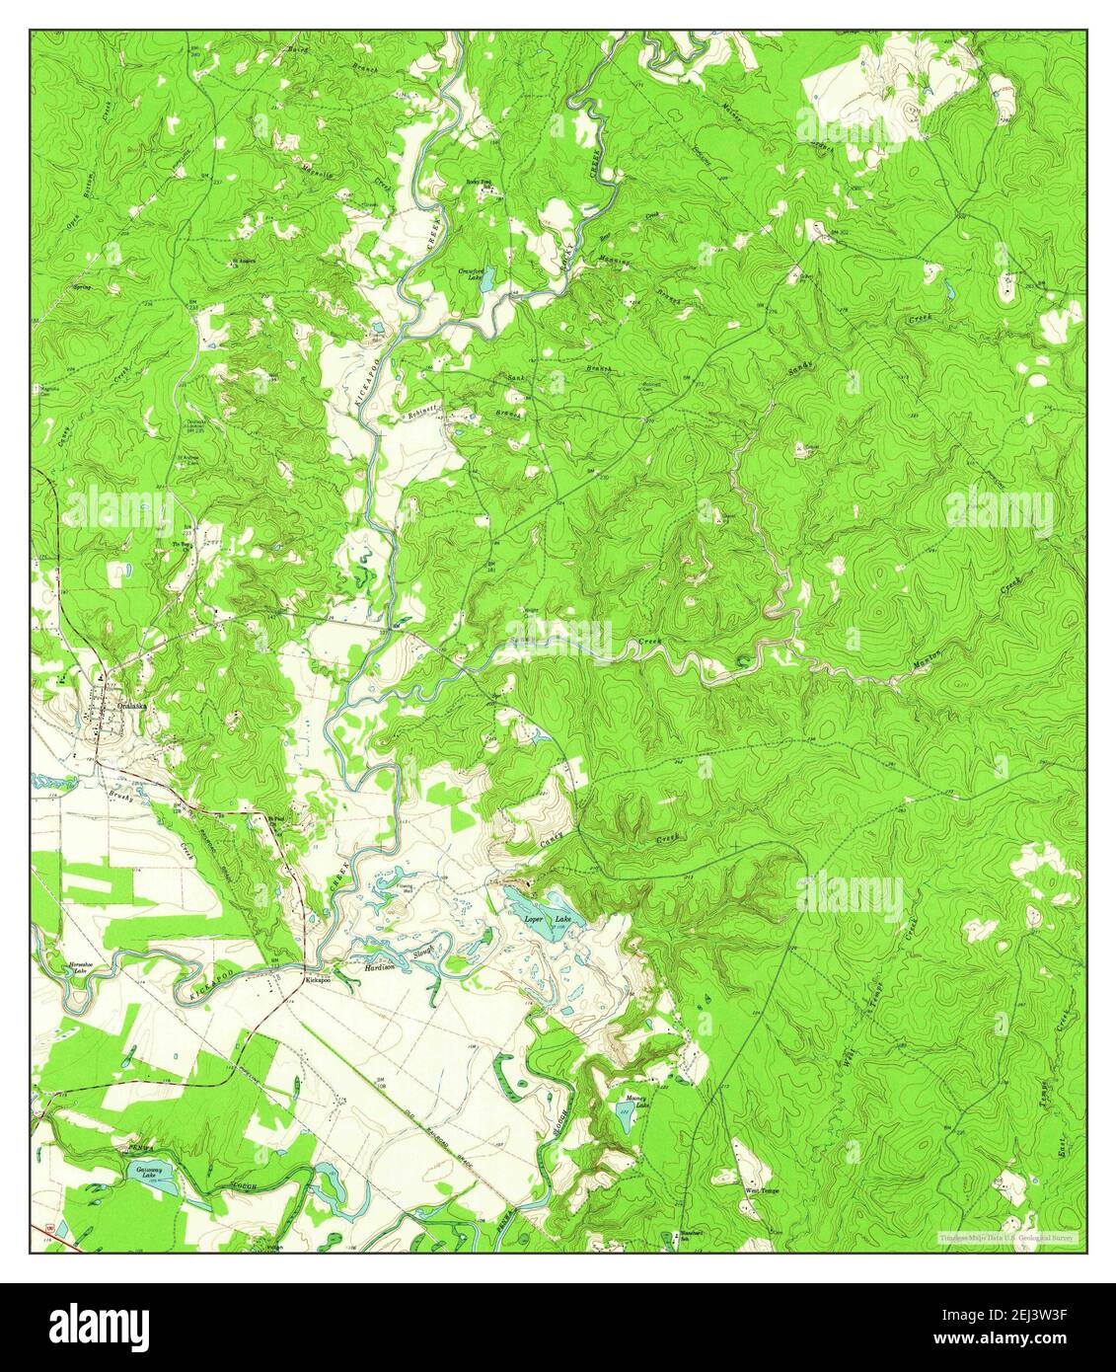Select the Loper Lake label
548,919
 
